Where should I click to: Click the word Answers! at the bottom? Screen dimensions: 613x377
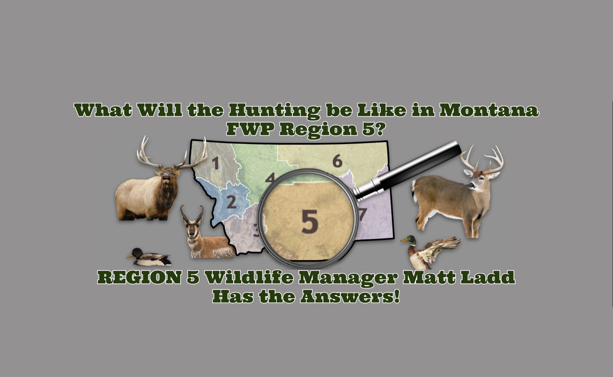click(350, 297)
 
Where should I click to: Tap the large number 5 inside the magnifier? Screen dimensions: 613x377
click(310, 221)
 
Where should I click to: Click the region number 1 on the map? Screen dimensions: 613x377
click(216, 163)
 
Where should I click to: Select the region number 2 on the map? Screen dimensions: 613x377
click(231, 202)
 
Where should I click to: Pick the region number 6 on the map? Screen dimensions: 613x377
click(337, 161)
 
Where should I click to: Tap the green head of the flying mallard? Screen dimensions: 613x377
click(409, 240)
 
